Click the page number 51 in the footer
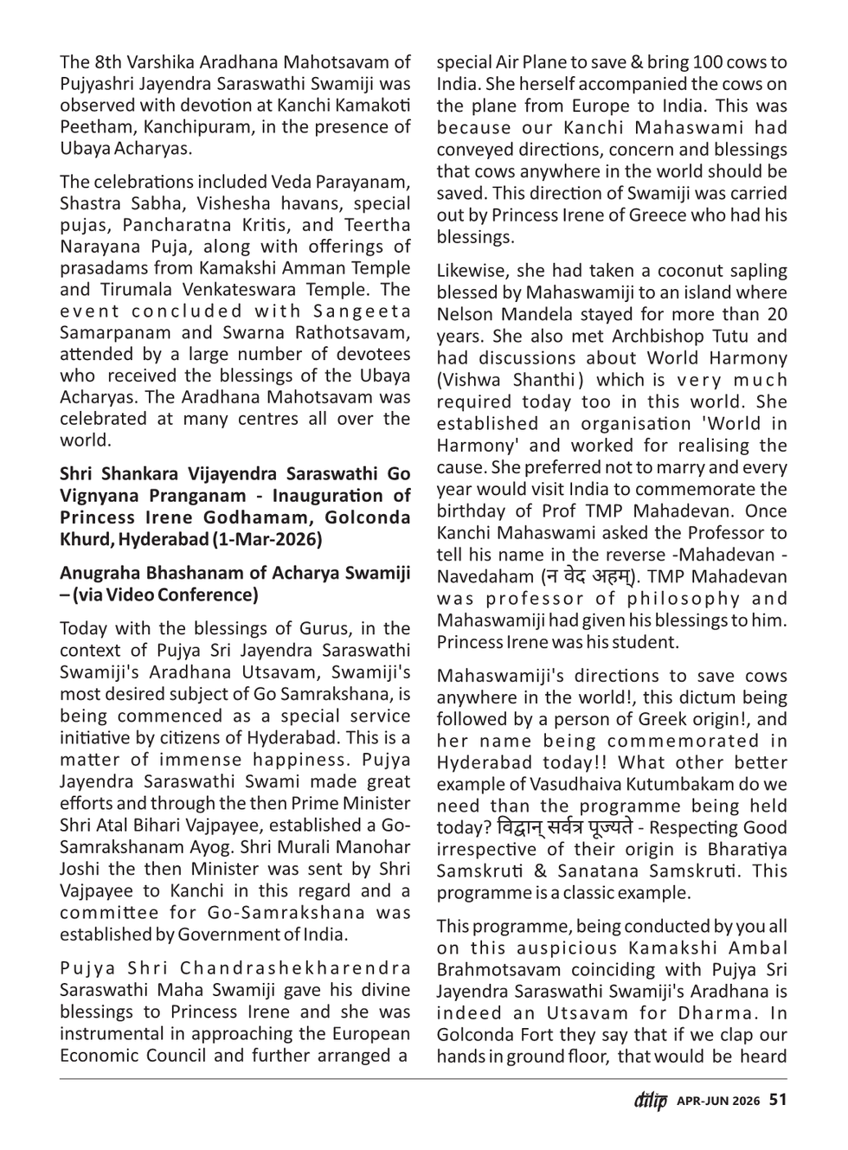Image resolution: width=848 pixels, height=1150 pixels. coord(778,1100)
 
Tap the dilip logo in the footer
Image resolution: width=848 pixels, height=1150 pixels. coord(649,1101)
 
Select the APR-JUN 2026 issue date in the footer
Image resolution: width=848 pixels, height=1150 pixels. coord(718,1101)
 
